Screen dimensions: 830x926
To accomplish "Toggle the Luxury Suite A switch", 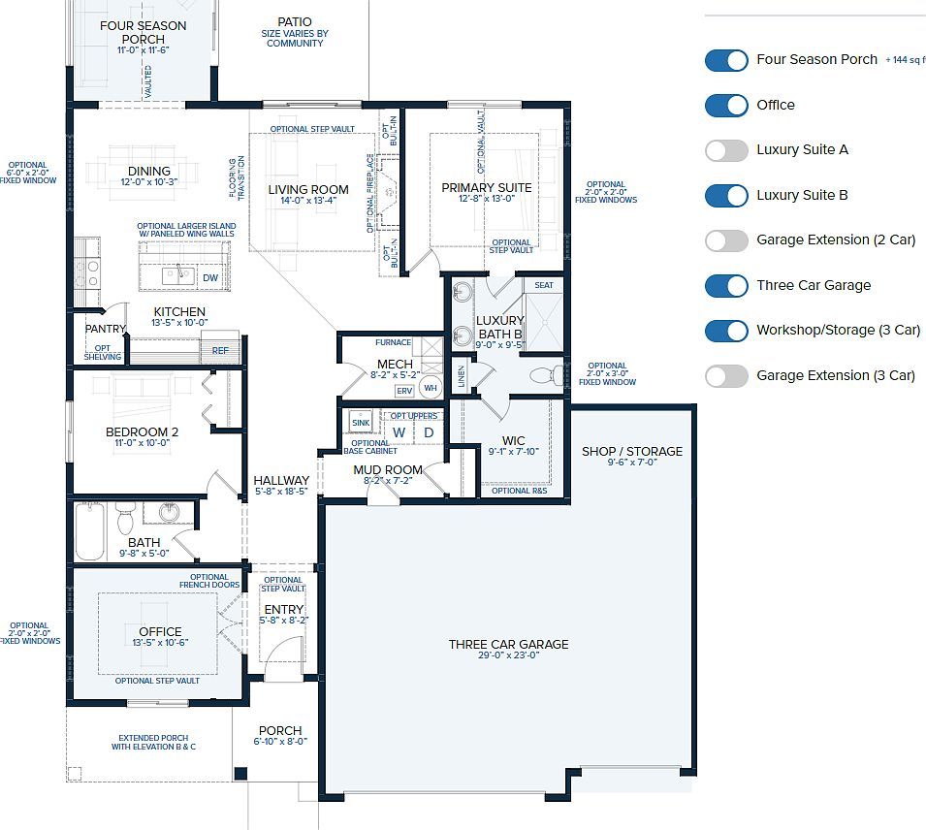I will click(726, 150).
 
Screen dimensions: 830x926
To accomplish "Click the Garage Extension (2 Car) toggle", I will click(726, 240).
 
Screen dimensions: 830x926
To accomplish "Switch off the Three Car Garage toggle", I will click(726, 285).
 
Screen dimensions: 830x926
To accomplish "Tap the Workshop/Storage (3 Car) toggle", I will click(726, 331).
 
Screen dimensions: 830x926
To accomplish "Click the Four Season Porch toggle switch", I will click(726, 60).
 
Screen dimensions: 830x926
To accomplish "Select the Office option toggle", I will click(726, 105).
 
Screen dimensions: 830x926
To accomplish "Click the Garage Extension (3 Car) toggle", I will click(726, 375).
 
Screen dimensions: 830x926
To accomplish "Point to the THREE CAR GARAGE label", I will click(508, 644).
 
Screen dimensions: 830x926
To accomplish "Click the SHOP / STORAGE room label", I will click(631, 451).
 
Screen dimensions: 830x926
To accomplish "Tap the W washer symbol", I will click(399, 432).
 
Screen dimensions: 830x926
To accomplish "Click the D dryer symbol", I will click(428, 432).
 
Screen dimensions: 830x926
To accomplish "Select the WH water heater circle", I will click(431, 388).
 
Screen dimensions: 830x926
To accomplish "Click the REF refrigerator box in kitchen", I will click(220, 350).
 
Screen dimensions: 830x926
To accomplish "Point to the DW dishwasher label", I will click(209, 277).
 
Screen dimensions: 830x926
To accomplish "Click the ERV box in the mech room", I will click(404, 390).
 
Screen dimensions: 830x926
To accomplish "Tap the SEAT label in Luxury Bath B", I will click(544, 285).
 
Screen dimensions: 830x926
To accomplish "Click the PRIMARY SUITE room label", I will click(486, 187).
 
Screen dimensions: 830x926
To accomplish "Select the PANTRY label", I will click(105, 329).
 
